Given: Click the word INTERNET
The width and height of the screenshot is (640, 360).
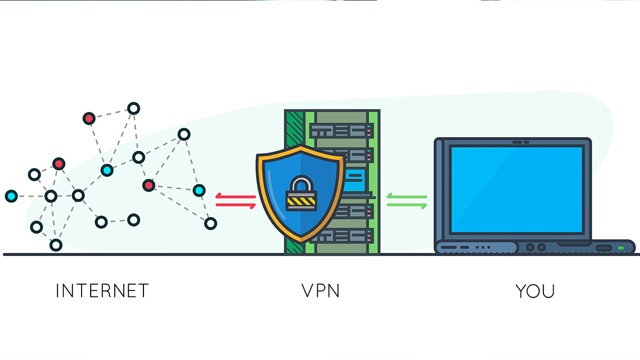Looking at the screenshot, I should point(102,291).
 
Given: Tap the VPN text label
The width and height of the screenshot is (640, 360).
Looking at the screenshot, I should point(321,291).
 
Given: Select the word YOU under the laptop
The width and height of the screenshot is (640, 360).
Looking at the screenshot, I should point(535,291).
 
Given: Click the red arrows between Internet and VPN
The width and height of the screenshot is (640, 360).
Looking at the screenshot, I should point(235,201).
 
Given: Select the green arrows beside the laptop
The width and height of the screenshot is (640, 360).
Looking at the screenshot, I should point(407,201).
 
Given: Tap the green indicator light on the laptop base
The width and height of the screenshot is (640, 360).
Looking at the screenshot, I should point(621,249).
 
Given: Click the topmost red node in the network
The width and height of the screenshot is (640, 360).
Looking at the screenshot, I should point(89,118).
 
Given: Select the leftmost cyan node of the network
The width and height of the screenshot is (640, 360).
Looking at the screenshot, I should point(11,196).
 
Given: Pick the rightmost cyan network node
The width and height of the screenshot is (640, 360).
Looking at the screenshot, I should point(199,190).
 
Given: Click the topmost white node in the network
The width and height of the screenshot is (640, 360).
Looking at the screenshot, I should point(134,109).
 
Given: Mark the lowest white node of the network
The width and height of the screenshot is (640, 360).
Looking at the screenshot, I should point(55,245).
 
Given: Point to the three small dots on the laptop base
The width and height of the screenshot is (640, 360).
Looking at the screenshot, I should point(483,247).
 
